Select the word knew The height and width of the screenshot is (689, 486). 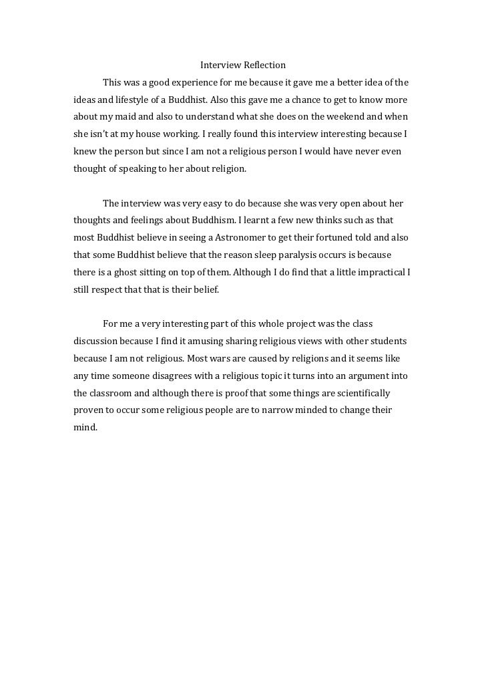click(85, 152)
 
